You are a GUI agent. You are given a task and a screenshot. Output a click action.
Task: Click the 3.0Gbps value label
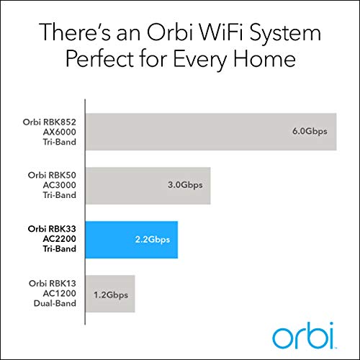pos(185,186)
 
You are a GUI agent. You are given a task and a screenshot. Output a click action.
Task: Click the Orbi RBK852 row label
pos(53,120)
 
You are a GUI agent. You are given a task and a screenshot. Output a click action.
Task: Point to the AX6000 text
pos(60,132)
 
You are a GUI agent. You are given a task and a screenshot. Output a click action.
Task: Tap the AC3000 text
pos(60,186)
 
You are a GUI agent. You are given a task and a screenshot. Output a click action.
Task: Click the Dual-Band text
pos(58,305)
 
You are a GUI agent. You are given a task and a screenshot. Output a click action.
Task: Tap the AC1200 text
pos(61,294)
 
